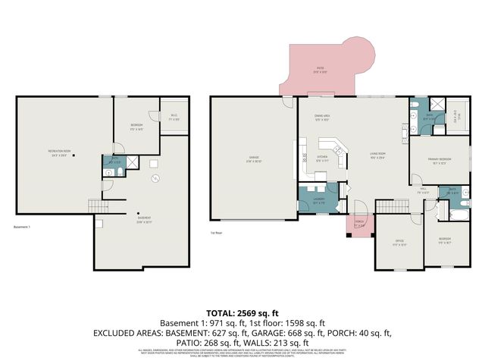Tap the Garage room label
point(255,159)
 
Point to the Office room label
point(399,243)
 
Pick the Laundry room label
point(319,201)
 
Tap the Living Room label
point(378,157)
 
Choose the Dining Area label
point(322,117)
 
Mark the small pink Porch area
point(359,224)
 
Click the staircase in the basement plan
point(96,205)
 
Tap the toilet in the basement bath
point(109,173)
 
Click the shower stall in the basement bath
point(130,161)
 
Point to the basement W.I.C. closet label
point(174,118)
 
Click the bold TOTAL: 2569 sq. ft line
point(242,312)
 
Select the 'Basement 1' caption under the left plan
point(22,226)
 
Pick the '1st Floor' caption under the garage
point(217,233)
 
